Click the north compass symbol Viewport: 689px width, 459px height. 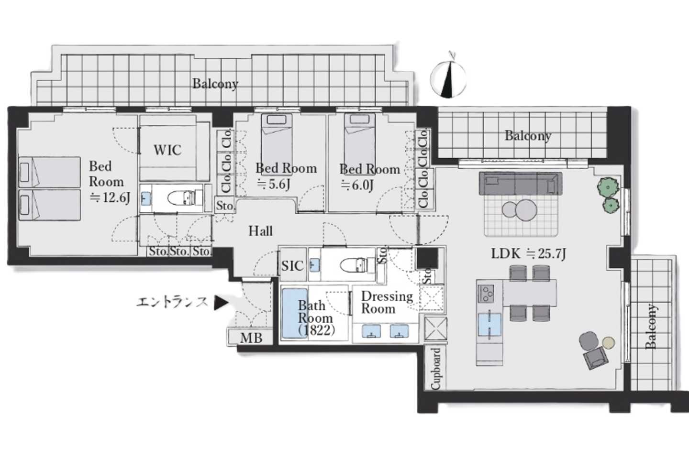(x=448, y=79)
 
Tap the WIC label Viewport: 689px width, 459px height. (x=167, y=150)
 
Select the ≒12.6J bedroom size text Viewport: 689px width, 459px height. (x=110, y=197)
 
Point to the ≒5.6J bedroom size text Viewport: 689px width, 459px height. (x=273, y=184)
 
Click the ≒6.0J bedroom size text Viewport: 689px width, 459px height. (x=357, y=185)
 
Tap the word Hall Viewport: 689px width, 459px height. (x=260, y=231)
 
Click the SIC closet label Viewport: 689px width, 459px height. (x=292, y=266)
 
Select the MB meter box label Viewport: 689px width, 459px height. (x=251, y=338)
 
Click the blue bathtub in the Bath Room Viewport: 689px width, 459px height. (x=294, y=314)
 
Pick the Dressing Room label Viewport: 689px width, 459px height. (x=387, y=302)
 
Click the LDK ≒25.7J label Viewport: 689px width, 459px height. (x=528, y=254)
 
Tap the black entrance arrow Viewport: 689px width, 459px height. (x=221, y=303)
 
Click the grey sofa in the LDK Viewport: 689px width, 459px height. (x=521, y=184)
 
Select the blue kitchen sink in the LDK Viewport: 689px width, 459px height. (x=489, y=325)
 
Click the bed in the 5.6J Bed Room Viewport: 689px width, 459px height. (x=277, y=141)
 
